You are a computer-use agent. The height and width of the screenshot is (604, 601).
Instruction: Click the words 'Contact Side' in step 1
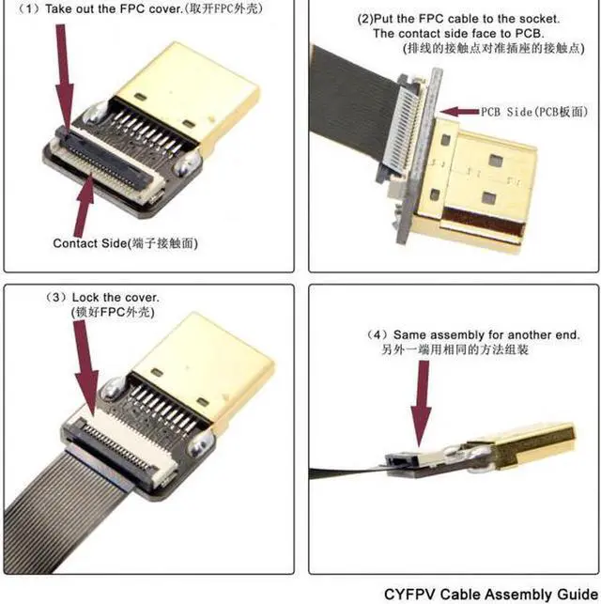[x=89, y=243]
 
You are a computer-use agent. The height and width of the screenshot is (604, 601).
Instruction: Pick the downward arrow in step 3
[x=85, y=366]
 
